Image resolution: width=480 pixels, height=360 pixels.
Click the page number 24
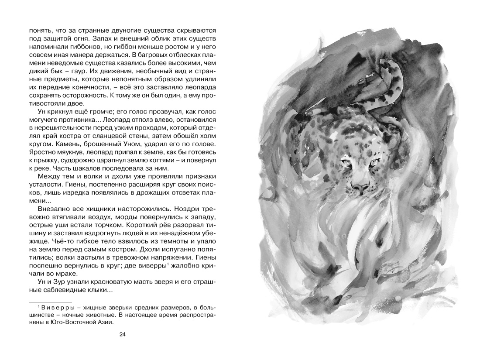point(122,335)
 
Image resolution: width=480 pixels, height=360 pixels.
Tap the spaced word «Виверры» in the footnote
point(53,308)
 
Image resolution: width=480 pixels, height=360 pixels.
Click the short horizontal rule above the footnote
point(50,302)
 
